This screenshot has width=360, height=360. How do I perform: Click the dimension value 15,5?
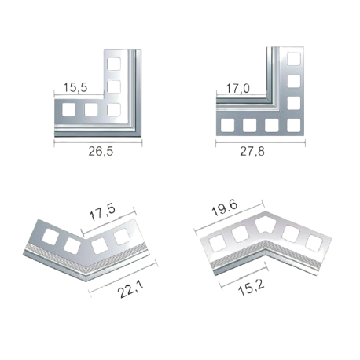click(x=75, y=87)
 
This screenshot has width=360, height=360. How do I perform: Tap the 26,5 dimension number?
click(x=101, y=152)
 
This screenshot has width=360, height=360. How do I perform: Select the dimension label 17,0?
click(x=238, y=89)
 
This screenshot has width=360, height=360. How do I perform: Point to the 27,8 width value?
click(x=252, y=152)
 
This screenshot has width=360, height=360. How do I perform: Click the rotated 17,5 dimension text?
click(x=102, y=211)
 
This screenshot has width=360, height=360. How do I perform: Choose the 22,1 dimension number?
click(x=130, y=288)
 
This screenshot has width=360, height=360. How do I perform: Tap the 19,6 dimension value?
click(x=225, y=208)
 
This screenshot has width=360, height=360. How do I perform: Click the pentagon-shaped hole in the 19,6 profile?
click(x=266, y=225)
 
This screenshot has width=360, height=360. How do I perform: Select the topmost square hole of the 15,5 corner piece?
click(x=114, y=64)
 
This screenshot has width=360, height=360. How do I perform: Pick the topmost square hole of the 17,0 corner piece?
click(x=294, y=59)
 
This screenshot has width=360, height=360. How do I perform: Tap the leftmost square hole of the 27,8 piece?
click(x=227, y=125)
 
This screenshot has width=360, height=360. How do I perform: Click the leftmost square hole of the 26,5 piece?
click(x=68, y=109)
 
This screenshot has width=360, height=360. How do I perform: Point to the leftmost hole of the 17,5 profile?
click(x=51, y=237)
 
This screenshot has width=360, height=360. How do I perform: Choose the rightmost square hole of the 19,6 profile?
click(x=314, y=243)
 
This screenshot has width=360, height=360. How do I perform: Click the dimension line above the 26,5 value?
click(x=98, y=143)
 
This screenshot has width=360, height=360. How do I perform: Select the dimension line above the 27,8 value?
click(x=260, y=143)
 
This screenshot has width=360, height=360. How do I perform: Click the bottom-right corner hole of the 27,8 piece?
click(x=294, y=125)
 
